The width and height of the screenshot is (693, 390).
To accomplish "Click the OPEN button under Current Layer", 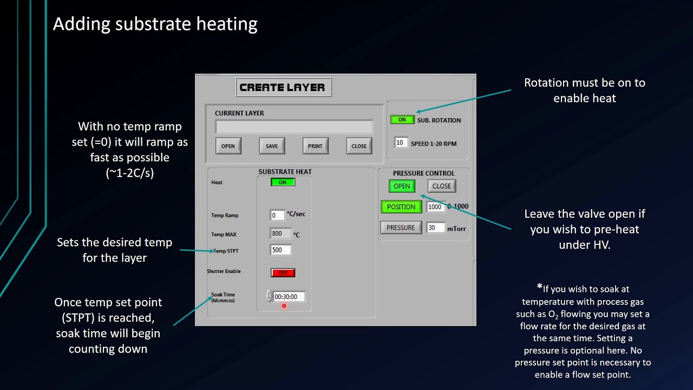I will pos(228,146).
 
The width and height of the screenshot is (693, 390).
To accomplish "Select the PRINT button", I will pos(315,146).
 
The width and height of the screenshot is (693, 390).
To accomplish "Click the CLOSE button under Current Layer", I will pos(359,146).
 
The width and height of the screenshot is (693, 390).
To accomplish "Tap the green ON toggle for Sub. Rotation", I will pos(402,120).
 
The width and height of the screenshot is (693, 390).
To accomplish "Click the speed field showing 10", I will pos(400,143).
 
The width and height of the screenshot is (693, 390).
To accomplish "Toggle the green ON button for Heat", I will pos(283,183).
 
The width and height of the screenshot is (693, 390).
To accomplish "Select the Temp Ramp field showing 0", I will pos(277,215).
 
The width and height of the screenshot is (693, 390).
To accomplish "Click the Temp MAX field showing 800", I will pos(280,233).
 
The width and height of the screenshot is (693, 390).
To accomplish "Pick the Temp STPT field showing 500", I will pos(280,250).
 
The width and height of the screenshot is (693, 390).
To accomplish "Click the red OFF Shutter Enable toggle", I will pos(283,272).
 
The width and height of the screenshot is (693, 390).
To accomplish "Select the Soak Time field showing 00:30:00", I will pos(289,297).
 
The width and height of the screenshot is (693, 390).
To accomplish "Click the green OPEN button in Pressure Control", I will pos(402,186).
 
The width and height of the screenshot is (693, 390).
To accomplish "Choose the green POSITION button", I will pos(401,207).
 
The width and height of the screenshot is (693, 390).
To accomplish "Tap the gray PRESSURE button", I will pos(401,227).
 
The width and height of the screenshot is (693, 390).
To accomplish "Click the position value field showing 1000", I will pos(435,207).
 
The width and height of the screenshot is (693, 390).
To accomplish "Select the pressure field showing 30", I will pos(435,228).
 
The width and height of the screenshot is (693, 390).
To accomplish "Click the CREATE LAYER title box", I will pos(283,87).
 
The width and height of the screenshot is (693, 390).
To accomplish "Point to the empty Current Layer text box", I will pos(294,127).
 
